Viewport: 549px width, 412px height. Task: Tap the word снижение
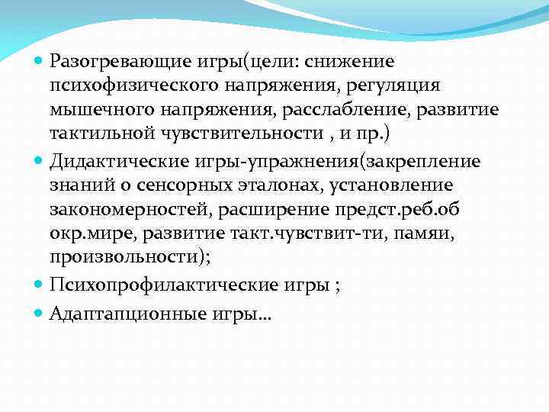pos(358,60)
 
